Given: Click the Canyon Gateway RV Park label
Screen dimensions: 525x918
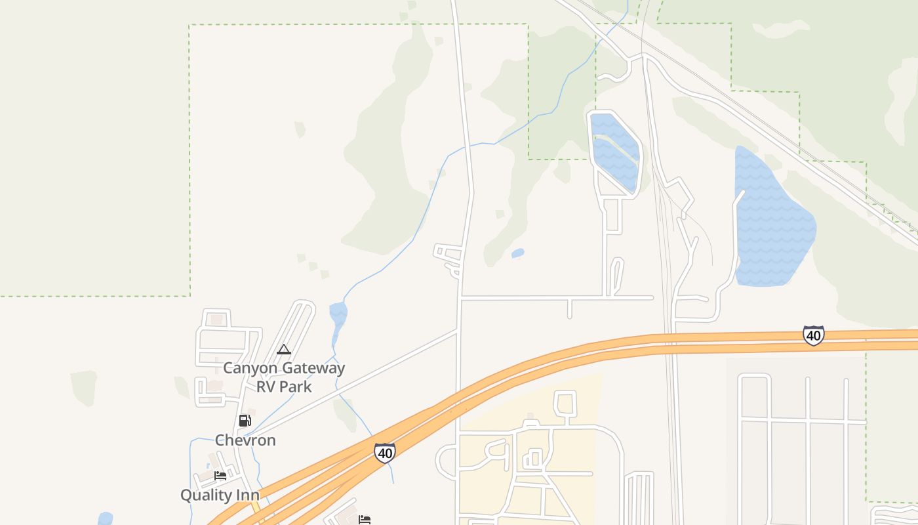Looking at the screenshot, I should (284, 377).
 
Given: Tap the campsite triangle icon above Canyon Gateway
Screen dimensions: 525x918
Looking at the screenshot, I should (284, 350).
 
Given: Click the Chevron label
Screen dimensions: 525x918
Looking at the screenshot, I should (245, 440).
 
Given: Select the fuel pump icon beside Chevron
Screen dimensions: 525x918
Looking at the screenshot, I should (245, 421).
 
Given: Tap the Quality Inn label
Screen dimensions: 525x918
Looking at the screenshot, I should (220, 495).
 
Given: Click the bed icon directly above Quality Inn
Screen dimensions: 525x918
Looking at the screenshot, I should (220, 476).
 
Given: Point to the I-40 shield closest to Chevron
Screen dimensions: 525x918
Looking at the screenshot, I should (385, 453).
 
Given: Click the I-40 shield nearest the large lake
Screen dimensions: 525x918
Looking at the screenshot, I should (813, 335).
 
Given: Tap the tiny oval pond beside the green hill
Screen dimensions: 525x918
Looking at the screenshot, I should (517, 253).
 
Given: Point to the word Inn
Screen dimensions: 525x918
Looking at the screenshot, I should (247, 495).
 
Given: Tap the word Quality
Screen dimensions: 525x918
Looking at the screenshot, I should (206, 495).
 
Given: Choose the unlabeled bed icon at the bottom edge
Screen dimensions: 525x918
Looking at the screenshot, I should (365, 520).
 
